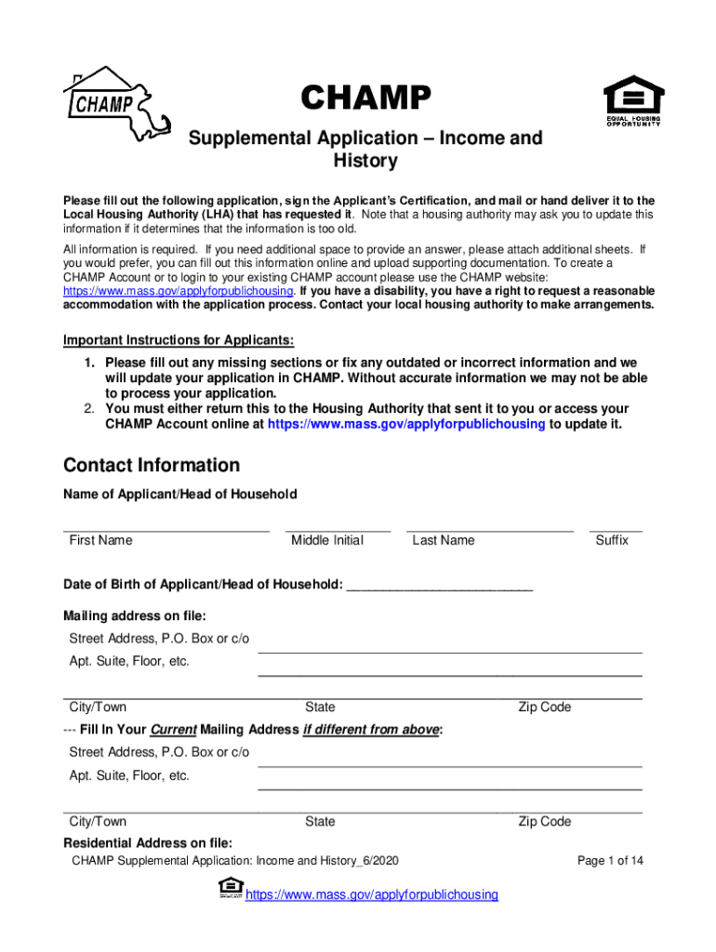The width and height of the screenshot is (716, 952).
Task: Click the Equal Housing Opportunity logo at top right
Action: [634, 101]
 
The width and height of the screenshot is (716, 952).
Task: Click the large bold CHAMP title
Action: [365, 97]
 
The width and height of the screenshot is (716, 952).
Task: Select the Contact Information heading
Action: [152, 465]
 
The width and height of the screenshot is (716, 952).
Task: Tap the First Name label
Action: [100, 540]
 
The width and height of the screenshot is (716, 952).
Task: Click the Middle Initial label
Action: [327, 540]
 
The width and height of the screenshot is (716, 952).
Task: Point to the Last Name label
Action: [444, 540]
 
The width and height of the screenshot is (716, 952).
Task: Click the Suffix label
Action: [612, 540]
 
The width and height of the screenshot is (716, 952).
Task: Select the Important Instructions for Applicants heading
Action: [179, 339]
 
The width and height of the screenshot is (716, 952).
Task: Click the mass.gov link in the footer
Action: [371, 894]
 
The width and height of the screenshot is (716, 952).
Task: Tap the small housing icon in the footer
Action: [230, 888]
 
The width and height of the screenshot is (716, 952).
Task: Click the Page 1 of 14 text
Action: [610, 861]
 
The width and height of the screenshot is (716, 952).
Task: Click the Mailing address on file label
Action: [135, 615]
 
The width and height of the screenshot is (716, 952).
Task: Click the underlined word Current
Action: [173, 730]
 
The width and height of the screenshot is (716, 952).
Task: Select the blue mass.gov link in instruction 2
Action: [406, 424]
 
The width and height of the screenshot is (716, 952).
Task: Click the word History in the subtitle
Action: [365, 161]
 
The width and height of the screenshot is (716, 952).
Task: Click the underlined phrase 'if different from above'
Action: [371, 730]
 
